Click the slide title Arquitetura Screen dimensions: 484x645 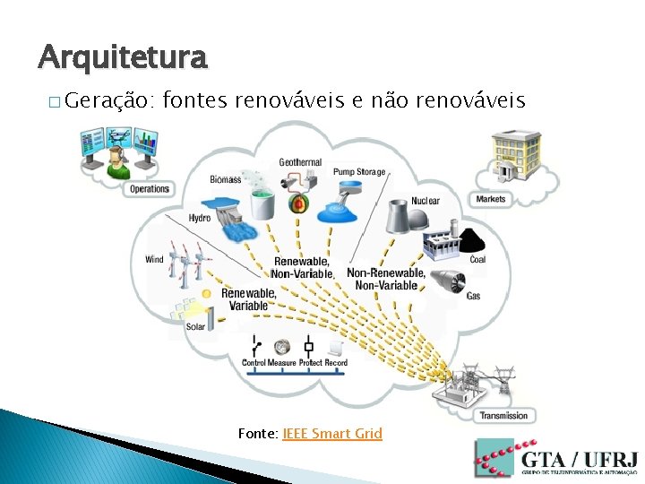pos(123,58)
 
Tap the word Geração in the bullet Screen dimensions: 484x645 pos(111,99)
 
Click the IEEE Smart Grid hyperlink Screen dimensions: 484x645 pos(332,434)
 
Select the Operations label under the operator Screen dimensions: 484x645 pos(150,189)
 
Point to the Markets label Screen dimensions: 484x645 pos(491,199)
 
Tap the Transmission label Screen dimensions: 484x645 pos(503,416)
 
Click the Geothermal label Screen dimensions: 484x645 pos(300,163)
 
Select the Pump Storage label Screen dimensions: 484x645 pos(359,172)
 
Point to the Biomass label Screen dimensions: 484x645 pos(226,179)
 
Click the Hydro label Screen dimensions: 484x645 pos(200,219)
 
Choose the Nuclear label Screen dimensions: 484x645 pos(426,201)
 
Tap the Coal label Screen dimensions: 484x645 pos(477,260)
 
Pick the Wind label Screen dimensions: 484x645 pos(154,260)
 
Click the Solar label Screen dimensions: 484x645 pos(195,327)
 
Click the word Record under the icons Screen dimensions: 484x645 pos(336,363)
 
